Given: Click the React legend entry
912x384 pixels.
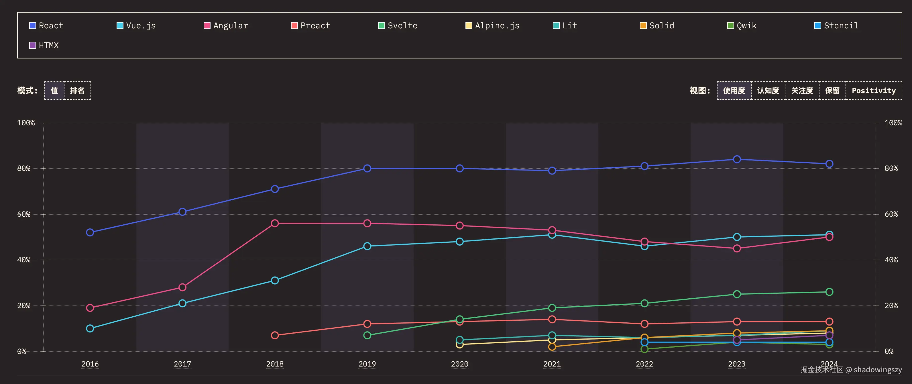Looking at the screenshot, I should click(46, 26).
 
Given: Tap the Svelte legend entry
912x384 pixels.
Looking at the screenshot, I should click(398, 26).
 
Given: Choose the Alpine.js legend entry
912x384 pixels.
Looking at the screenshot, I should click(492, 26).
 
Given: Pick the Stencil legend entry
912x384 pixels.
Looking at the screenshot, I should click(836, 26).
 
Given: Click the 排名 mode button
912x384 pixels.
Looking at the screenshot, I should click(77, 91).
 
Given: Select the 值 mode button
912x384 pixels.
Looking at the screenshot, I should click(54, 91).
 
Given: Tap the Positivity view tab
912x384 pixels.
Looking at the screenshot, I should click(873, 91).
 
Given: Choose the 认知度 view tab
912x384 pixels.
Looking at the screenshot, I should click(768, 91).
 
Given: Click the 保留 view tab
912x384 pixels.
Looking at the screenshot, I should click(832, 91).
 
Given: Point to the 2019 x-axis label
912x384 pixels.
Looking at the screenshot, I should click(367, 364).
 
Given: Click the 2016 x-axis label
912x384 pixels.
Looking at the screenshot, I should click(90, 364).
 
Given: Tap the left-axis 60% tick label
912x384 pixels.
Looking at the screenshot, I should click(24, 214).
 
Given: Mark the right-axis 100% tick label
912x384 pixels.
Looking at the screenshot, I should click(893, 123).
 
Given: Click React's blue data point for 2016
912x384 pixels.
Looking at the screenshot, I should click(90, 232).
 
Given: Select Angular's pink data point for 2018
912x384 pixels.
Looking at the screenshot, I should click(275, 223).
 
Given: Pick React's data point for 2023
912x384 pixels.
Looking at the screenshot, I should click(737, 159).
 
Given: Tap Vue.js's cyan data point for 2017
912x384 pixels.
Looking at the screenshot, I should click(182, 303).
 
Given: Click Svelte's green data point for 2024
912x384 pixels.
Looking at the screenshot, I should click(829, 292).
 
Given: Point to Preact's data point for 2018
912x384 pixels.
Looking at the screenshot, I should click(275, 335).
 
